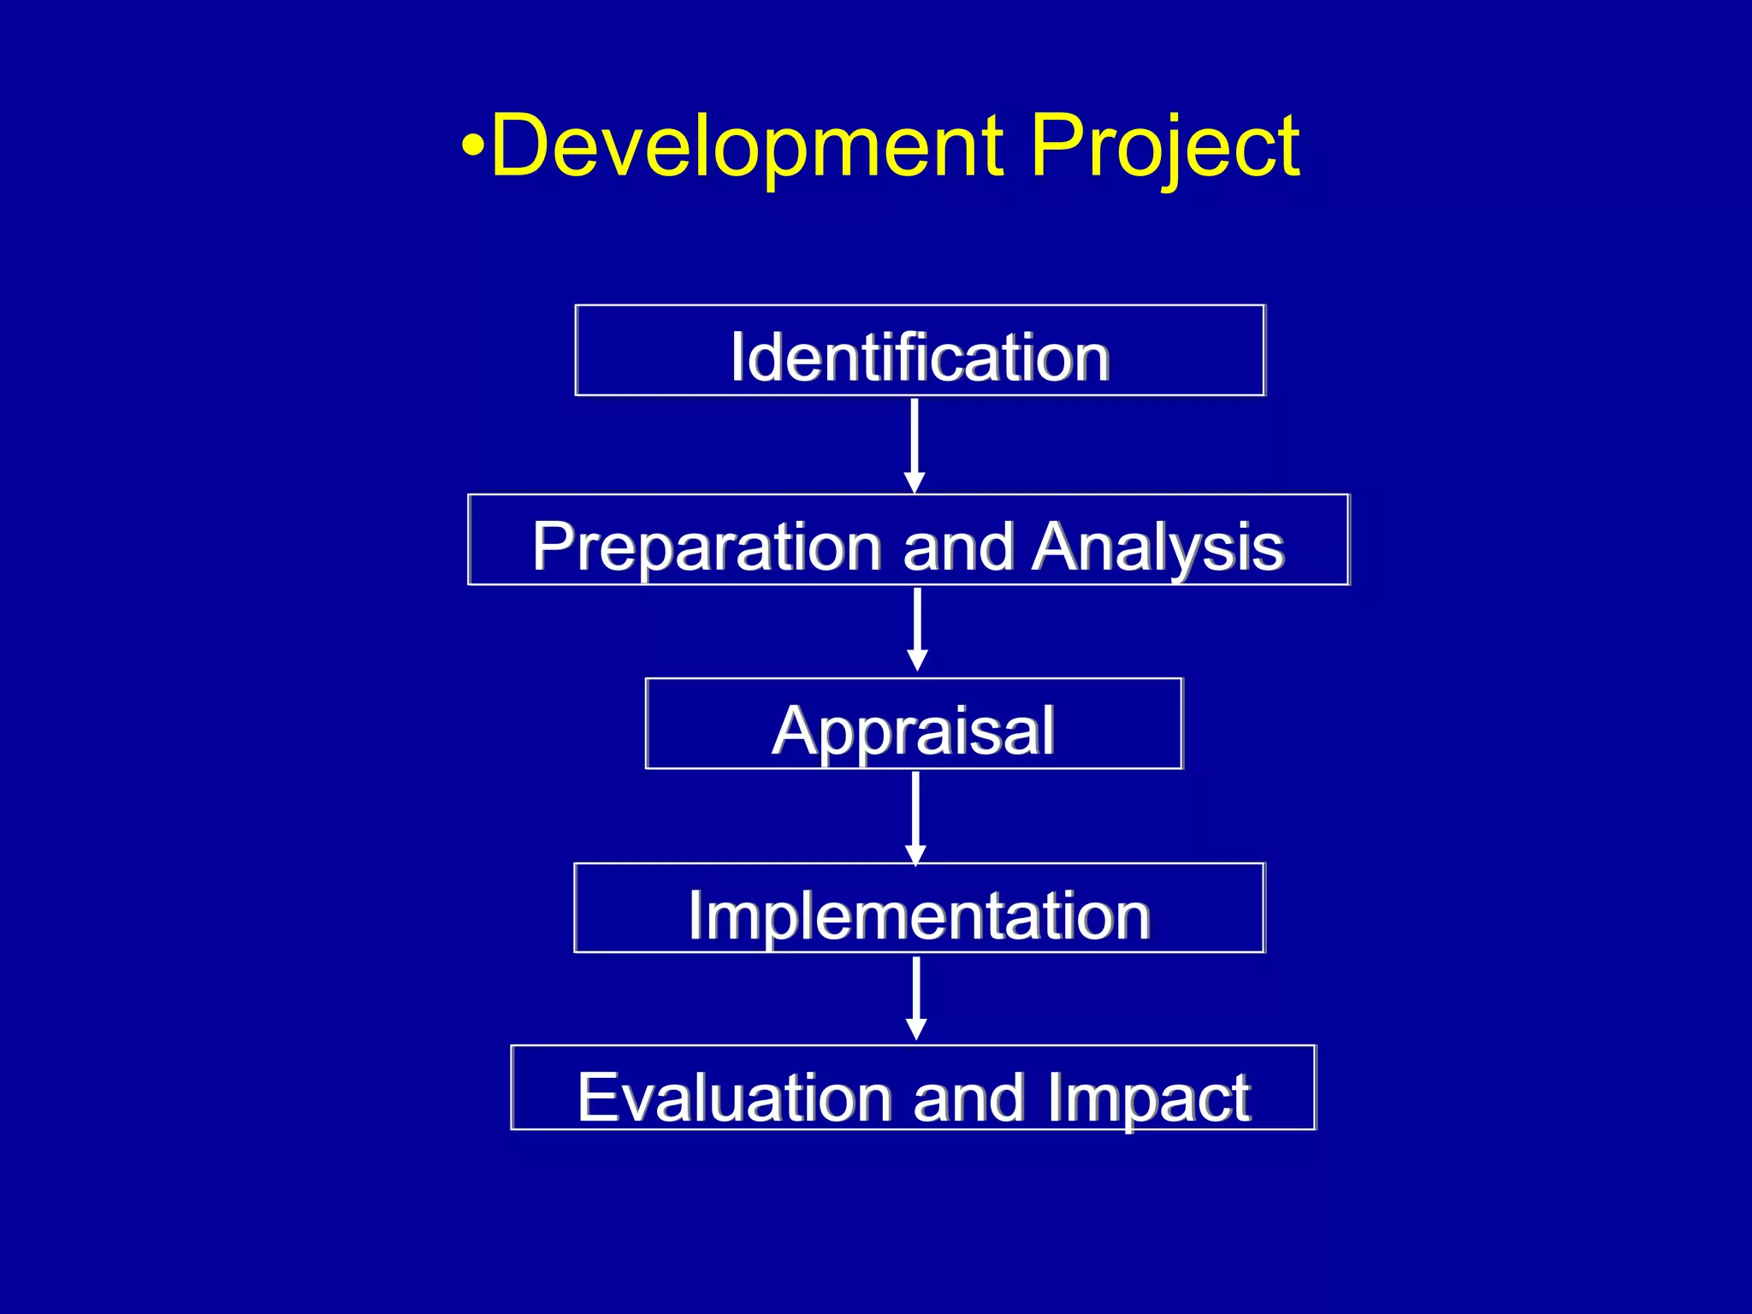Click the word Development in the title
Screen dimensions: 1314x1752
tap(747, 147)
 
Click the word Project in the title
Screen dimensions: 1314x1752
tap(1164, 147)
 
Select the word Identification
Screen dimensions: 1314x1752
tap(920, 358)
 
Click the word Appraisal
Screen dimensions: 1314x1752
tap(913, 731)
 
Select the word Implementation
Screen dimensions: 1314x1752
tap(919, 916)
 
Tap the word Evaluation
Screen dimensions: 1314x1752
tap(736, 1098)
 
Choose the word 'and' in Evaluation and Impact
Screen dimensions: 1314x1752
tap(968, 1098)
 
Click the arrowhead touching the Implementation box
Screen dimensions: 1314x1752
tap(915, 855)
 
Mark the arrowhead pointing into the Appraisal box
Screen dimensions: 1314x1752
tap(917, 660)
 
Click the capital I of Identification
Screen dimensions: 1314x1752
tap(737, 358)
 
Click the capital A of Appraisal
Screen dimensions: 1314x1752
tap(796, 731)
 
